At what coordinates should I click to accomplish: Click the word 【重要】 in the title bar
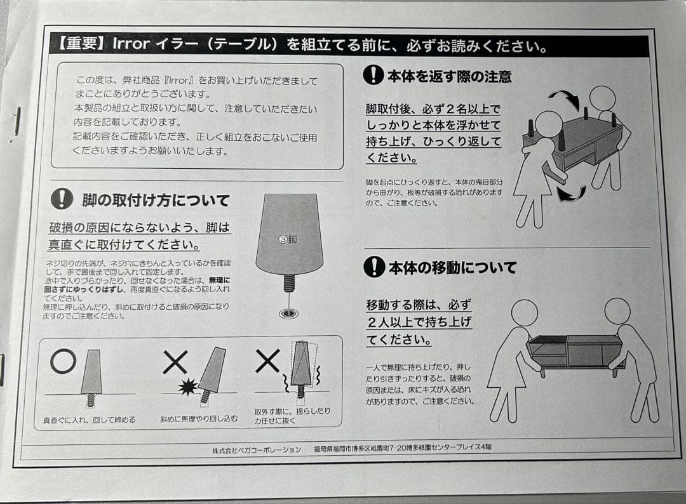click(x=78, y=44)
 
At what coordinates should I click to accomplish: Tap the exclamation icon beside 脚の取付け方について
click(x=62, y=199)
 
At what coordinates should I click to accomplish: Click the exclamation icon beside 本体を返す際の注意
click(x=373, y=76)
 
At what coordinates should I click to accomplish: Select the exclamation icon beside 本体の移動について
click(x=374, y=267)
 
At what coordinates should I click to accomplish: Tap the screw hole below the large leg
click(x=290, y=313)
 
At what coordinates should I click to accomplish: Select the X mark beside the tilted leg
click(x=175, y=362)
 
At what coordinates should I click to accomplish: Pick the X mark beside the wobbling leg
click(x=267, y=361)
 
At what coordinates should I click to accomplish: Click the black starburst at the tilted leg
click(x=187, y=387)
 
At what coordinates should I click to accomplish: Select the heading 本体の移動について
click(x=452, y=267)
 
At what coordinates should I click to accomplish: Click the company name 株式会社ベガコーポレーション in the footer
click(x=257, y=449)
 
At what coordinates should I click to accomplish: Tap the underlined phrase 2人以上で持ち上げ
click(x=419, y=322)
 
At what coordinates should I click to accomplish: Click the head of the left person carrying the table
click(x=523, y=312)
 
